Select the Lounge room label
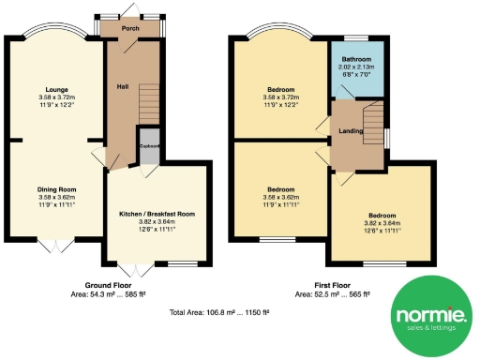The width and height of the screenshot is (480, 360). click(x=55, y=90)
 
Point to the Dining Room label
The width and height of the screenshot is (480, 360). click(x=55, y=189)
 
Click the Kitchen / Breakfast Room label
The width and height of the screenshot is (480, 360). click(x=157, y=214)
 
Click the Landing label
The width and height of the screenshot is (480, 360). click(x=351, y=131)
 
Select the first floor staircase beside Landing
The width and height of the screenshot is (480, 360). click(x=372, y=119)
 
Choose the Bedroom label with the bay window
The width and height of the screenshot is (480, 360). click(x=281, y=90)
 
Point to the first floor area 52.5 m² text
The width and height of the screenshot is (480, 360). click(x=332, y=293)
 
